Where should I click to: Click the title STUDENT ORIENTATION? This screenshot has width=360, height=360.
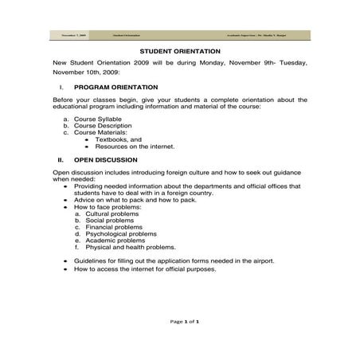tap(180, 50)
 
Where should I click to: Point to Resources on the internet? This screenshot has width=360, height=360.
tap(135, 147)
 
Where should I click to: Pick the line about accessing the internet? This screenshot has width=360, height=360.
tap(144, 268)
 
